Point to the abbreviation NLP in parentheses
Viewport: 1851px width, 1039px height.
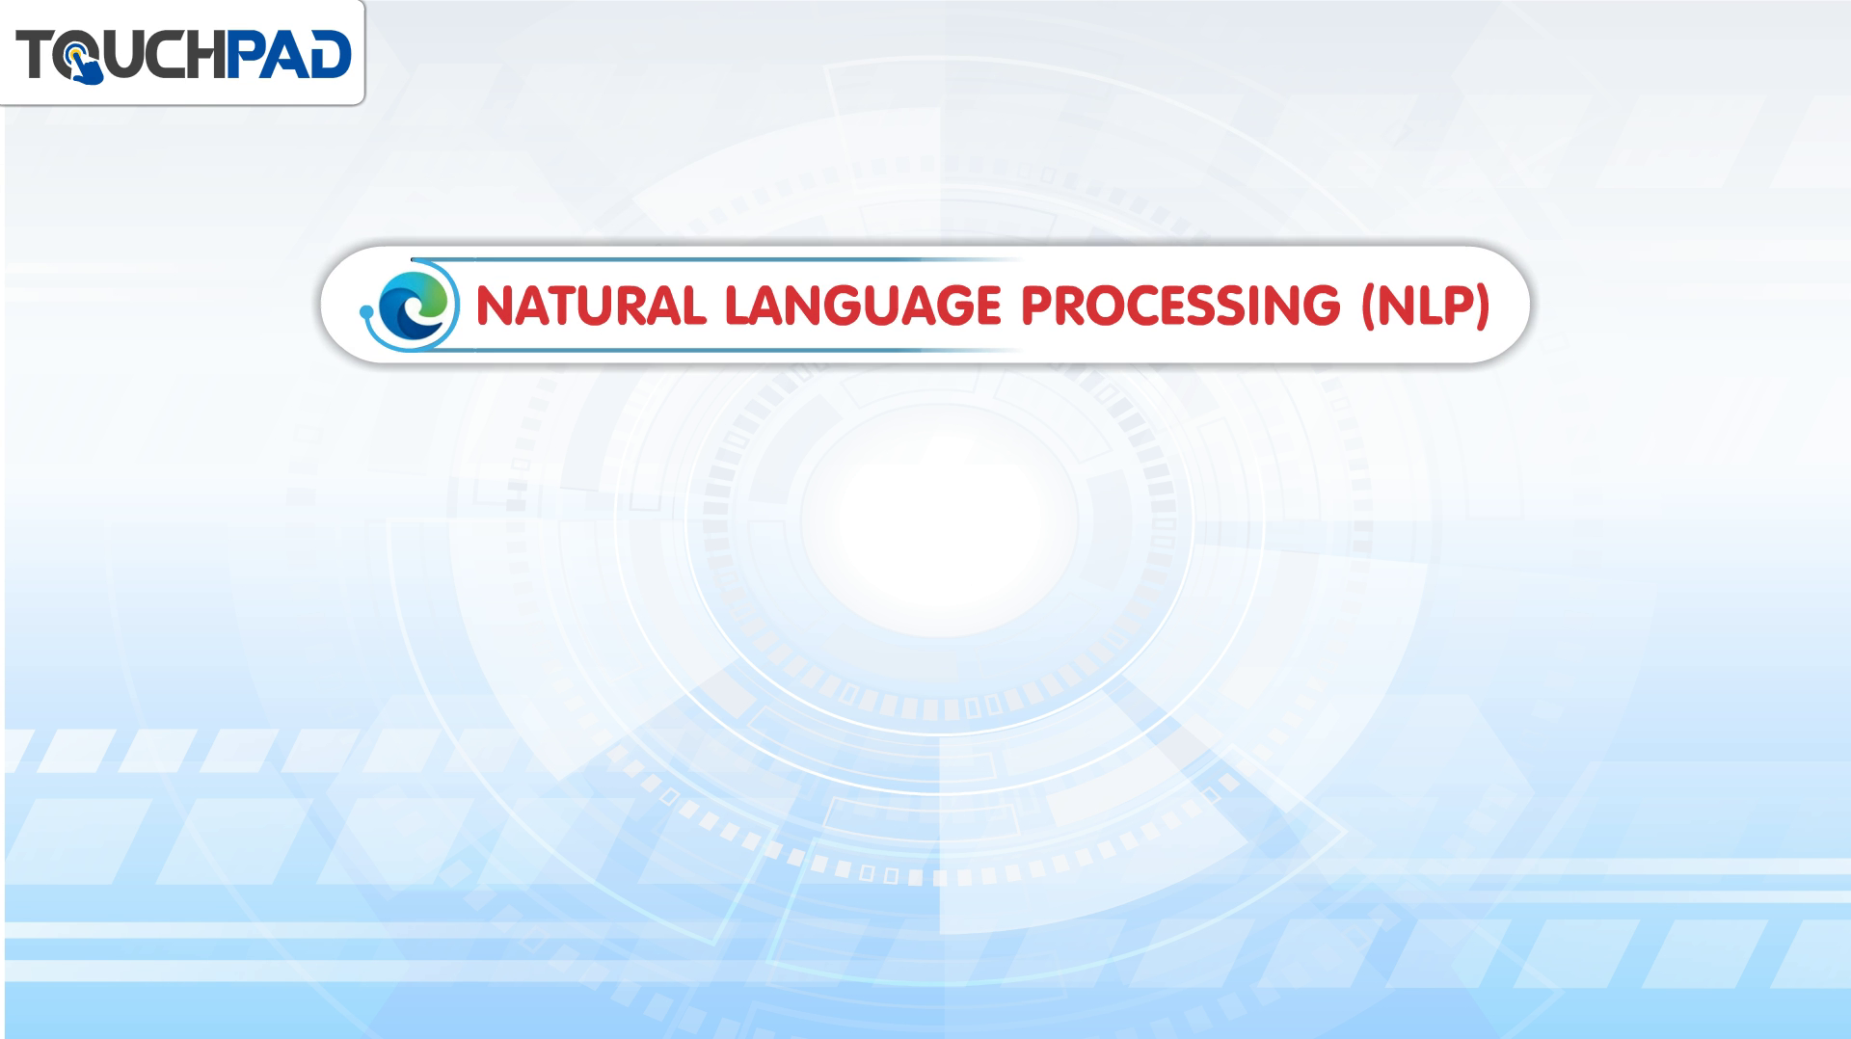[x=1425, y=306]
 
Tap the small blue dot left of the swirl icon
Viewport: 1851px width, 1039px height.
[x=366, y=311]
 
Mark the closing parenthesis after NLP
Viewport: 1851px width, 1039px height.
[x=1483, y=306]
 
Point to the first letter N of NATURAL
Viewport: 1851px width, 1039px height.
[x=496, y=306]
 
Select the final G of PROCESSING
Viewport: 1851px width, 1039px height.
[x=1321, y=306]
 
